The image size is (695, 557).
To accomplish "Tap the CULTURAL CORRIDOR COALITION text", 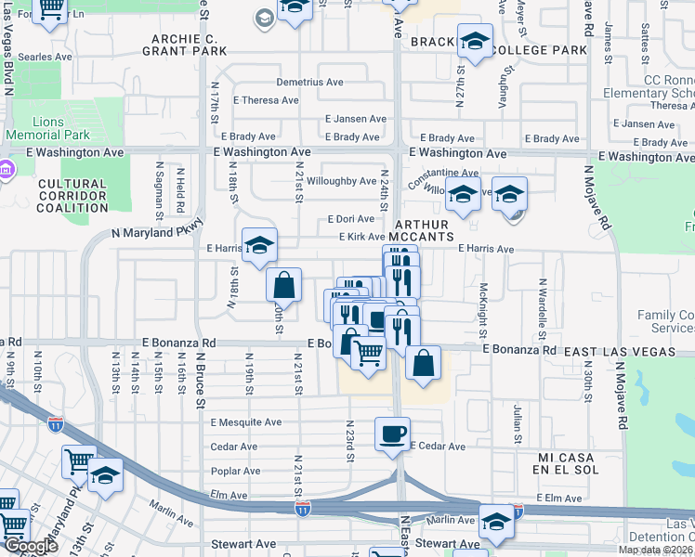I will point(72,196).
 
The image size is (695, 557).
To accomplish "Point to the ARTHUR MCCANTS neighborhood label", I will point(423,231).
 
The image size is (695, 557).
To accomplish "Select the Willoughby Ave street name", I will point(341,181).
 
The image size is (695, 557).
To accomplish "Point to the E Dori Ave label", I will point(349,219).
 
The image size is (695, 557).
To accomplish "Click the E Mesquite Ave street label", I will point(245,422).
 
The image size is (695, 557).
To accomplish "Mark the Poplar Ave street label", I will point(235,471).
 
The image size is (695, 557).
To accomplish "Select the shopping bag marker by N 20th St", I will point(284,285).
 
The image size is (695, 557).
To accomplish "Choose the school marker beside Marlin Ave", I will point(496,523).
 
